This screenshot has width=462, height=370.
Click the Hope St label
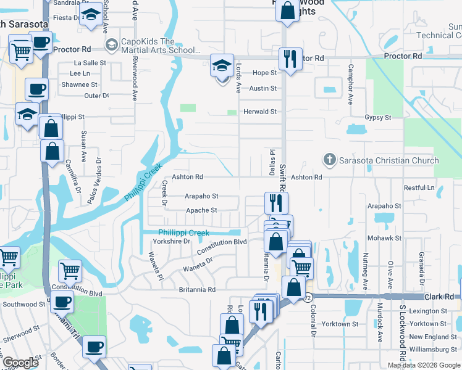(x=264, y=73)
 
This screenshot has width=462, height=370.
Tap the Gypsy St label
(x=378, y=117)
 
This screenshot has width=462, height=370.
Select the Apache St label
(x=201, y=210)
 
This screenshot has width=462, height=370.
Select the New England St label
(x=432, y=337)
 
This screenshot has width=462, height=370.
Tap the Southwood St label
(x=24, y=304)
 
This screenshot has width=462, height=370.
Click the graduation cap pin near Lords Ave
(x=222, y=65)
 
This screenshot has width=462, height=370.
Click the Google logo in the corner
(x=21, y=363)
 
